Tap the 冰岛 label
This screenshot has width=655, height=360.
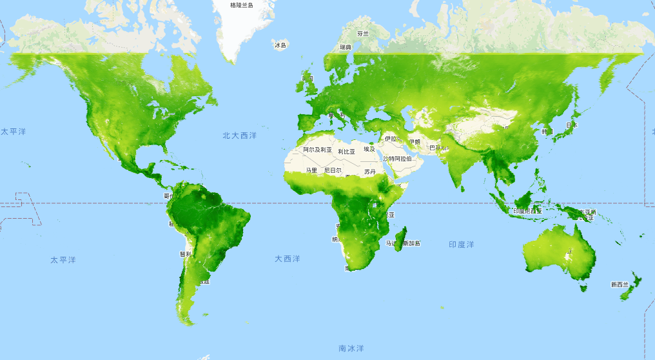[x=280, y=45]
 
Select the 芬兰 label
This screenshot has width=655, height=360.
[x=363, y=34]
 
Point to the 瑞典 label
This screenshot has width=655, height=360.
[x=346, y=47]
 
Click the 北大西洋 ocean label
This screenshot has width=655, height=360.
[x=239, y=135]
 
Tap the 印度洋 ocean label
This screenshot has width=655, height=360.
[x=461, y=245]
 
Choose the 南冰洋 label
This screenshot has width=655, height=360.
[x=351, y=348]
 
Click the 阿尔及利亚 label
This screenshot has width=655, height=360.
[x=317, y=150]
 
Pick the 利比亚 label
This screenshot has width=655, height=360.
[x=346, y=152]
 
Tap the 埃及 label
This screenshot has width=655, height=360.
[x=369, y=149]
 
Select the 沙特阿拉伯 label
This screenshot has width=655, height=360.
[x=398, y=159]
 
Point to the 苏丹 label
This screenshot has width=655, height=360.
[x=369, y=172]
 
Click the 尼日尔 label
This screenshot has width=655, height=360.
[x=333, y=170]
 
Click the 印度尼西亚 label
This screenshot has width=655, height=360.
[x=527, y=211]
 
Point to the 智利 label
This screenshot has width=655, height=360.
[x=184, y=254]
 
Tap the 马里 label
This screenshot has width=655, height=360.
[x=311, y=170]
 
